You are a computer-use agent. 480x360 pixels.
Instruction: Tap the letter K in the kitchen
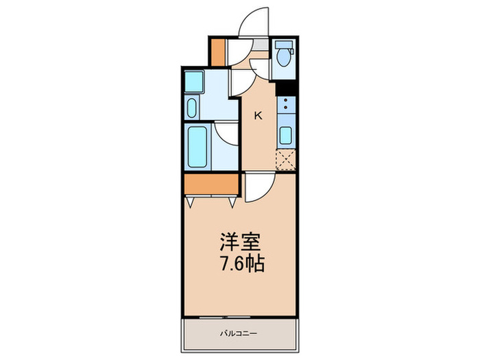tap(258, 115)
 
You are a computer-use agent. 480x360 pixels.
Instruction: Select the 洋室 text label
tap(239, 243)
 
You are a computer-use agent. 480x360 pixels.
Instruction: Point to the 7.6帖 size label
tap(240, 264)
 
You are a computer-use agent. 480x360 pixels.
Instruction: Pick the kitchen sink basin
tap(285, 135)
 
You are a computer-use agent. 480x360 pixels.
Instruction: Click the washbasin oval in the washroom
tap(192, 108)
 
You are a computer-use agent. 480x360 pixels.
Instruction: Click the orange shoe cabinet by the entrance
tap(218, 52)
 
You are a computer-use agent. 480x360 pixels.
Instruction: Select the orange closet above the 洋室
tap(211, 184)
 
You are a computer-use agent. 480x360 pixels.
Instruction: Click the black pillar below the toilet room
tap(285, 88)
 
